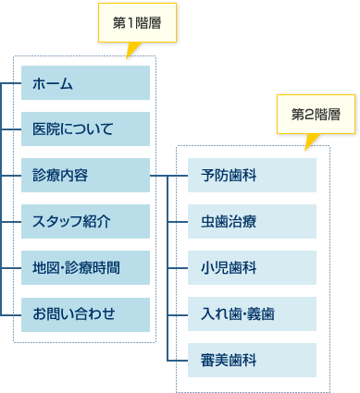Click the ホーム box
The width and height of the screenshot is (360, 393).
pos(85,83)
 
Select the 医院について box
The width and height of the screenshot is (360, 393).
pos(85,129)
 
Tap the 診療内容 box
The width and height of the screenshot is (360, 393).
pos(85,176)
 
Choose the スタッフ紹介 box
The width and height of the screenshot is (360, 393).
pos(85,222)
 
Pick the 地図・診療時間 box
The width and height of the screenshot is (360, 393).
pos(85,268)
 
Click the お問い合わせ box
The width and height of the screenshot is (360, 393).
pos(85,314)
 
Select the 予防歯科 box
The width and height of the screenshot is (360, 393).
pos(251,176)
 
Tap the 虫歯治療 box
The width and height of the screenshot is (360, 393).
pos(251,222)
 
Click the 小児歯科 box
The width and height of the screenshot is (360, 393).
pos(251,268)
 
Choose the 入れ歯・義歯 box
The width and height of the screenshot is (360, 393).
pos(251,314)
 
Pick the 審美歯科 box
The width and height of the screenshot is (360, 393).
pos(251,360)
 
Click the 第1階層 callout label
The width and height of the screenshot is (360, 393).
pos(137,23)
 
